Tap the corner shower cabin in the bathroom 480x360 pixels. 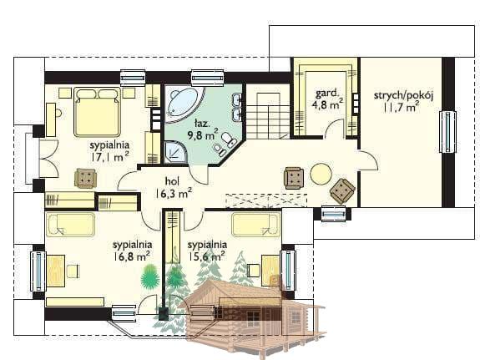175,151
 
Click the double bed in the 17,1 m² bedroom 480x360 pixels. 97,112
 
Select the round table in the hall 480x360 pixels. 321,174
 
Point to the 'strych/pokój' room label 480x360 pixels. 403,95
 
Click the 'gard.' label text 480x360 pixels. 327,93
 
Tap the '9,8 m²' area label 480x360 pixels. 203,134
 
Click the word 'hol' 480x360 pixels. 172,181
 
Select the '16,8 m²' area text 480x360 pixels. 132,256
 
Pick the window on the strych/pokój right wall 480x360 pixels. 447,132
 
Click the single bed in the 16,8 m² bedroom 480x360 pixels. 70,225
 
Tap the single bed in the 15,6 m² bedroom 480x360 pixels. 256,225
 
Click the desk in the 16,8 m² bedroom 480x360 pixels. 56,271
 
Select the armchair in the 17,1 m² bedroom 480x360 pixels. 86,178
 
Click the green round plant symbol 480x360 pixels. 150,277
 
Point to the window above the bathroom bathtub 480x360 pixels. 208,78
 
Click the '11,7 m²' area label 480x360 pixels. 402,108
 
